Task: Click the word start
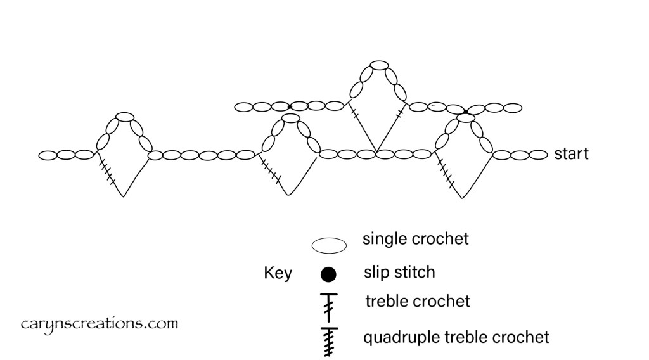click(571, 154)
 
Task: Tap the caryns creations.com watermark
click(98, 325)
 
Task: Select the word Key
click(278, 273)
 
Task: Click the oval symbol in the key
click(328, 244)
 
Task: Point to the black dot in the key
click(328, 274)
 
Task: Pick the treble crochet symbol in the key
click(328, 304)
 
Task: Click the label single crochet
click(415, 239)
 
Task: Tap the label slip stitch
click(399, 273)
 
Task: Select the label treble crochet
click(418, 300)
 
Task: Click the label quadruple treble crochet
click(456, 337)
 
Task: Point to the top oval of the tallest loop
click(379, 65)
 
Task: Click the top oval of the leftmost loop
click(125, 117)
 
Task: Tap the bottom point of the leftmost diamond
click(124, 196)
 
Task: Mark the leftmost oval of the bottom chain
click(48, 155)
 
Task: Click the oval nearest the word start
click(538, 154)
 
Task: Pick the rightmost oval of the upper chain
click(515, 107)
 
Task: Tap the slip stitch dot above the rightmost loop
click(466, 112)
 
